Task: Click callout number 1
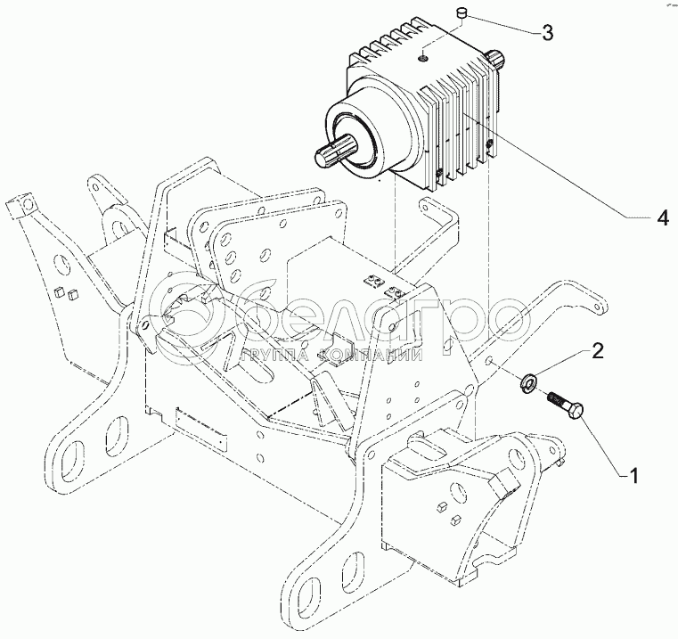point(633,476)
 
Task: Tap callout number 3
point(547,34)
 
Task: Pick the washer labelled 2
point(528,383)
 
